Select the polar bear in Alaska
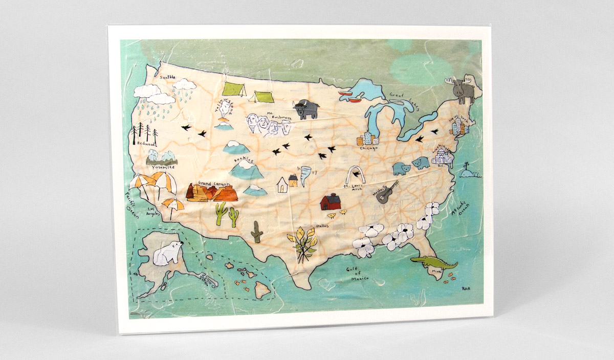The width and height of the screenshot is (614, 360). pos(168,252)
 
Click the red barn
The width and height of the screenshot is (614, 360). pos(330,201)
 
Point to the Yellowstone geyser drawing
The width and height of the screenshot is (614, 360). pos(224,119)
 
